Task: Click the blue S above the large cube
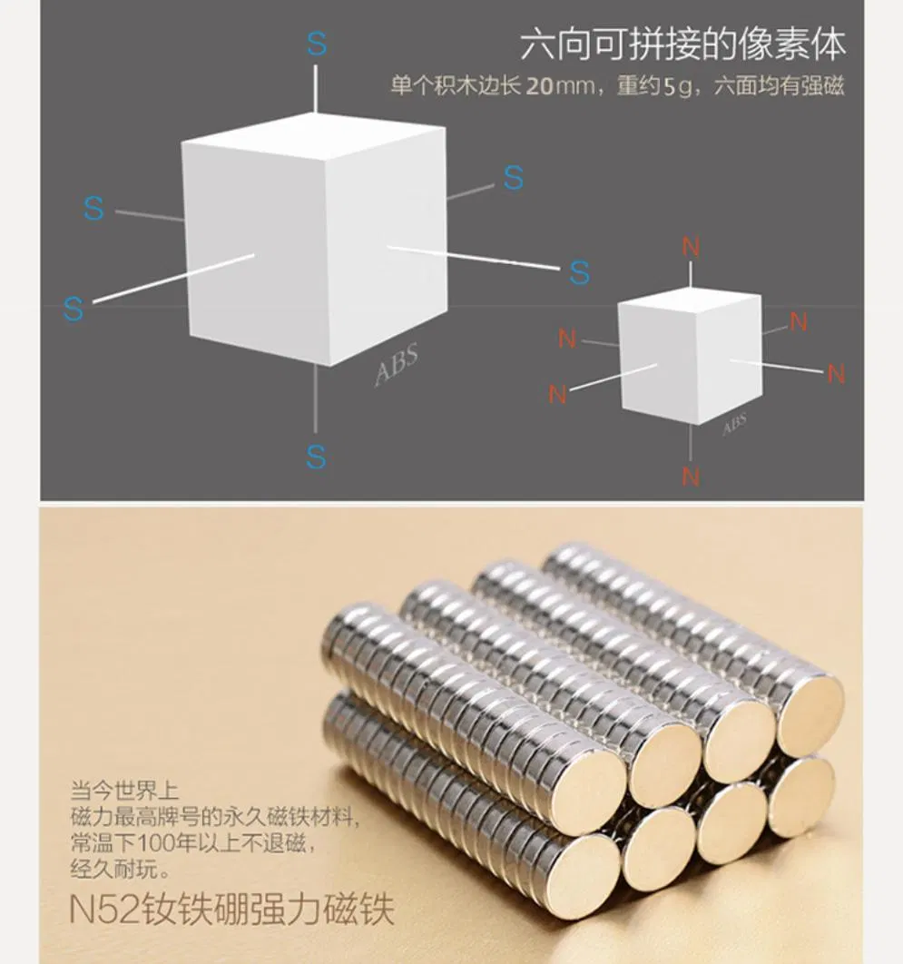[x=317, y=44]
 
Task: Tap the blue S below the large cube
[x=315, y=457]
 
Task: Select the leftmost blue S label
[x=74, y=308]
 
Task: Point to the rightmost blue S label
[x=579, y=272]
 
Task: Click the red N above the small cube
[x=691, y=247]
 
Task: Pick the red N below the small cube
[x=691, y=477]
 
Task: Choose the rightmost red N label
[x=836, y=374]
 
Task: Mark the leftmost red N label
[x=557, y=394]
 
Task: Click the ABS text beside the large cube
[x=397, y=365]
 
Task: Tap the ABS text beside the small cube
[x=734, y=424]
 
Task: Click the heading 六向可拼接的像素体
[x=682, y=44]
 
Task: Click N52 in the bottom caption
[x=103, y=909]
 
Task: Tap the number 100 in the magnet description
[x=156, y=842]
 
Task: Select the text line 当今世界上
[x=124, y=791]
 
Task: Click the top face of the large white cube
[x=313, y=138]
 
